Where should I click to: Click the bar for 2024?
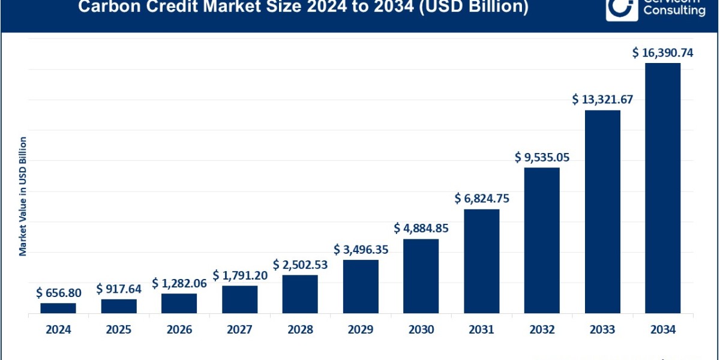(58, 308)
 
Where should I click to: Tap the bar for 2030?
(421, 276)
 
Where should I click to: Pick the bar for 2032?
(542, 241)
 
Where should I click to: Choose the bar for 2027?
(239, 299)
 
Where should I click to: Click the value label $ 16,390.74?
(662, 53)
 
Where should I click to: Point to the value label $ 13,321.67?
(602, 99)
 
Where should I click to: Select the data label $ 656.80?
(59, 293)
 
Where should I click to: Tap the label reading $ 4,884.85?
(421, 228)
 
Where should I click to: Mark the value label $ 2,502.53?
(300, 265)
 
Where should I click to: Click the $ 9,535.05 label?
(542, 158)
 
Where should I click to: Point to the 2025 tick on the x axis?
(119, 329)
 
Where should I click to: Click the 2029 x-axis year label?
(361, 329)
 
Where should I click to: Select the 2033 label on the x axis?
(602, 329)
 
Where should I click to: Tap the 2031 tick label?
(481, 329)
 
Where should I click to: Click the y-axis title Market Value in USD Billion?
(23, 196)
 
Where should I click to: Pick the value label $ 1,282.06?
(179, 283)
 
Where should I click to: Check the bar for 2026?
(179, 304)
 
